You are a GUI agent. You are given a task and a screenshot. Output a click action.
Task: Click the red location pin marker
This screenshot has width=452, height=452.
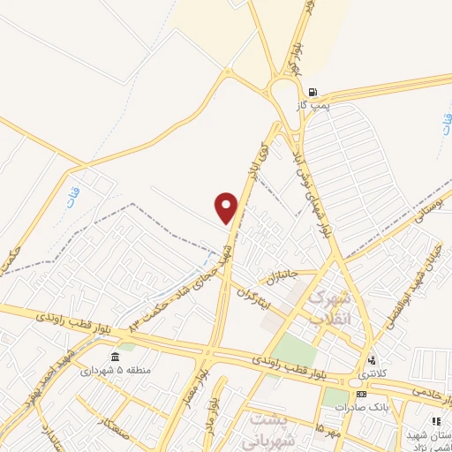(227, 207)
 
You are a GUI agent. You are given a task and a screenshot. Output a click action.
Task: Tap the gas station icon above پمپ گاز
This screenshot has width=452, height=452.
(313, 92)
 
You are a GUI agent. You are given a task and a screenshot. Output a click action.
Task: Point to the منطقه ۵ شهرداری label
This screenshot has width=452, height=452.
(113, 371)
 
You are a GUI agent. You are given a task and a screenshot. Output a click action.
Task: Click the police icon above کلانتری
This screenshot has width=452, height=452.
(371, 360)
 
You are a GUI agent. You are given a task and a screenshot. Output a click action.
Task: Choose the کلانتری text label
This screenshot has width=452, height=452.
(372, 373)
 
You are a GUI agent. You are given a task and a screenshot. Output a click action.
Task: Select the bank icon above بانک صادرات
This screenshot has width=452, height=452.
(360, 393)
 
